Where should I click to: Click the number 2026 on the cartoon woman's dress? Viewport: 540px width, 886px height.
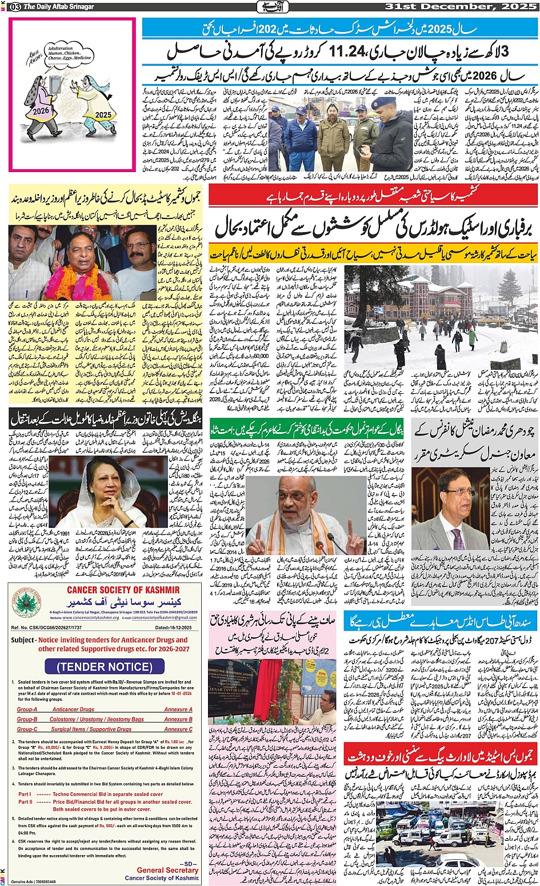click(41, 111)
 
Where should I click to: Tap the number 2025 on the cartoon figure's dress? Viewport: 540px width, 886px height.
click(103, 114)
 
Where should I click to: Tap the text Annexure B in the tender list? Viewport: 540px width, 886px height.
click(178, 719)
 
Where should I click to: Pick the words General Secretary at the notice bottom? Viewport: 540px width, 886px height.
click(167, 870)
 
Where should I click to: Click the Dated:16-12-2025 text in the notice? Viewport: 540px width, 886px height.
click(175, 628)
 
